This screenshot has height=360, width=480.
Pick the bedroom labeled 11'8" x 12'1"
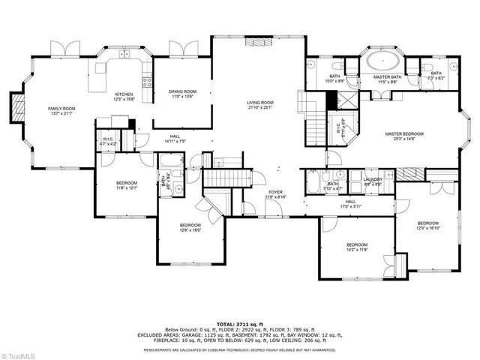tap(126, 185)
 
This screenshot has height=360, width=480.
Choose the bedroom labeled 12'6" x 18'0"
tap(190, 227)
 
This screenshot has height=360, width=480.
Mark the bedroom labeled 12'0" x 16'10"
tap(427, 226)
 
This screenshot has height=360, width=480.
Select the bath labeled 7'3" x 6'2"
tap(436, 75)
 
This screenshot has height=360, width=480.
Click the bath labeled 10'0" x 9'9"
tap(335, 77)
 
